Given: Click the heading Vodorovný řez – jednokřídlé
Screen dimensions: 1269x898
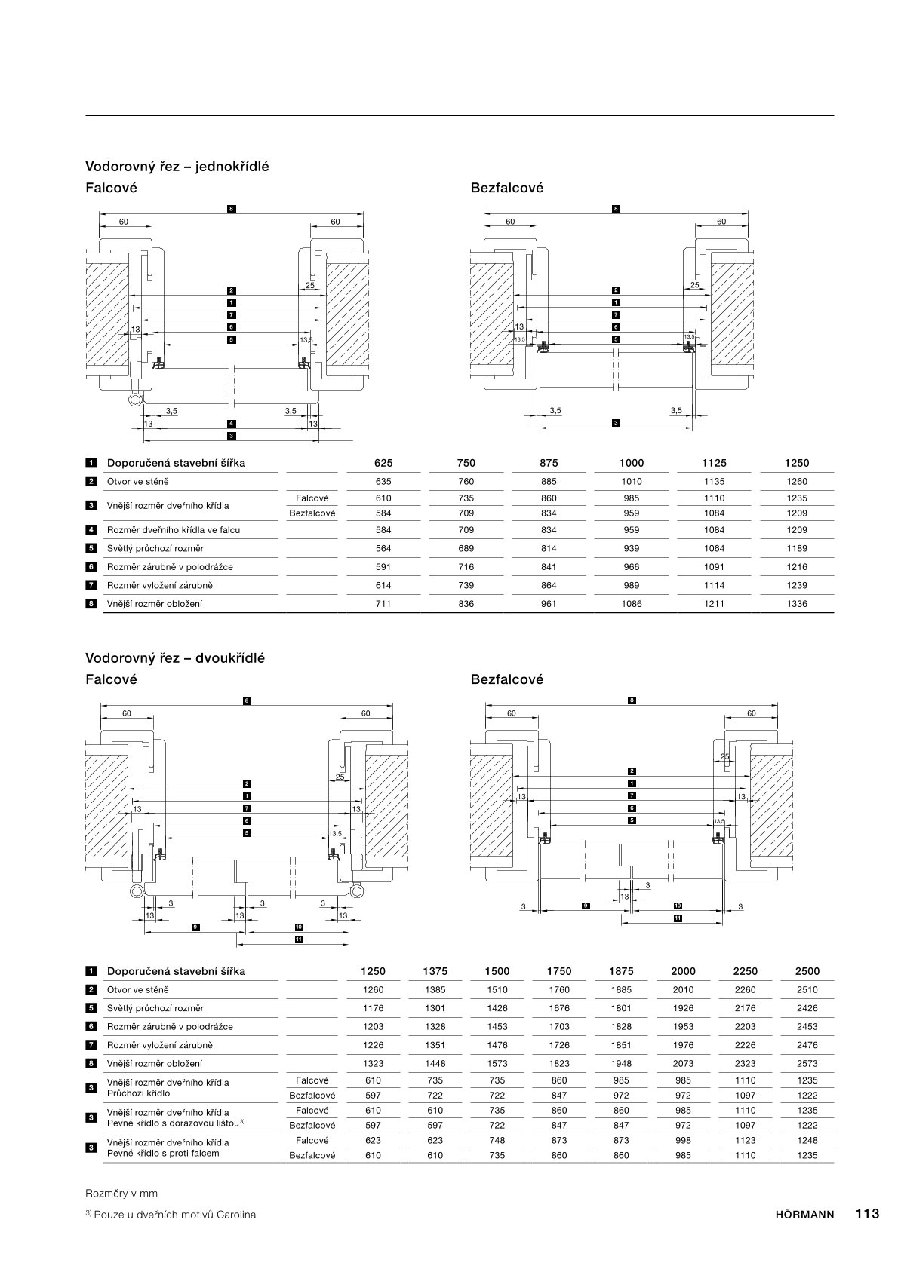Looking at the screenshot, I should (177, 167).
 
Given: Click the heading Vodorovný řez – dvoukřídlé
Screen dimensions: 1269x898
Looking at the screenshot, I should (175, 658).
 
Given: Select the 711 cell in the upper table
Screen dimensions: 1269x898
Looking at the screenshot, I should (383, 604).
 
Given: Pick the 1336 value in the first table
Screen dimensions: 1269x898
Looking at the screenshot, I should (797, 604).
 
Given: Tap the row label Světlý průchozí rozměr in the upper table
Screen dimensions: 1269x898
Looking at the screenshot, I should (155, 549).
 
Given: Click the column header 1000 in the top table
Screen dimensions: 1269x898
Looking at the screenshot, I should (632, 464).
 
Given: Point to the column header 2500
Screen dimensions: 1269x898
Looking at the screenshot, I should (807, 972).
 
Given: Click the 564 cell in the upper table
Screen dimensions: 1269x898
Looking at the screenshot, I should (383, 549).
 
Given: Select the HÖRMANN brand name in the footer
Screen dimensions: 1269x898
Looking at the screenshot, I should (804, 1215).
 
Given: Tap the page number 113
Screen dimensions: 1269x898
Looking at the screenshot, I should (867, 1214).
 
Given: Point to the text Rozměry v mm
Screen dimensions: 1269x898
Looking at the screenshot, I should (121, 1194).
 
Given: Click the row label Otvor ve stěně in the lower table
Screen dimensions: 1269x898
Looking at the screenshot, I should (138, 990).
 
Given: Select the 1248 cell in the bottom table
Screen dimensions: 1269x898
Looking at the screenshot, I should (807, 1141).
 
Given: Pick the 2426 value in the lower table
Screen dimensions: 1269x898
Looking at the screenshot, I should (807, 1008).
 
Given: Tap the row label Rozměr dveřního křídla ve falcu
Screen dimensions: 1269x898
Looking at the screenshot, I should (174, 530).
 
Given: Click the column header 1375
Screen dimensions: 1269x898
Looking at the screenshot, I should (435, 972).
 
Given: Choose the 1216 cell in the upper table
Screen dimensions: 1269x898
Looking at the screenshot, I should (797, 567).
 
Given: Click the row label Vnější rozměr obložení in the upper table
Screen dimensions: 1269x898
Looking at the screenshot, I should (155, 604).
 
